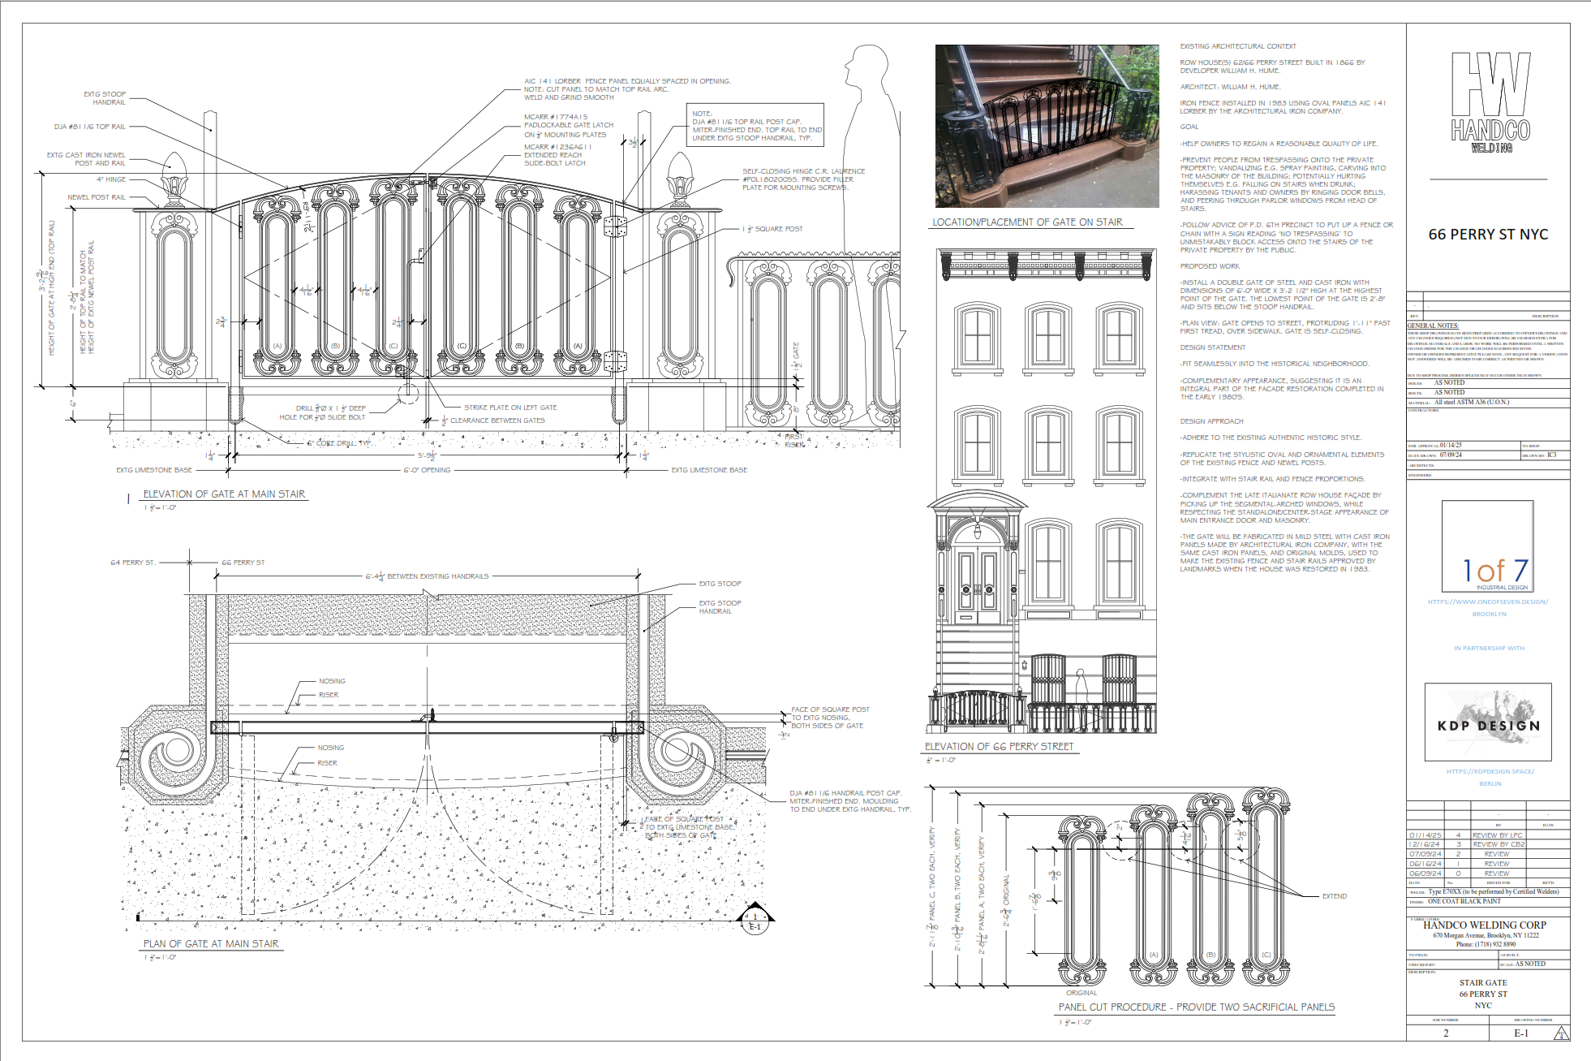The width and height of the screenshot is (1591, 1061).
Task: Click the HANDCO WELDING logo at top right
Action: pos(1490,102)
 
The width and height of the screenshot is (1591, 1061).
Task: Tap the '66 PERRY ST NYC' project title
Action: pos(1488,235)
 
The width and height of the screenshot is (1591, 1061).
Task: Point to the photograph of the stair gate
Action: pos(1047,126)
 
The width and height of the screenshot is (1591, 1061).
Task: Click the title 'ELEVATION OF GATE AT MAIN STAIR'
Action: pos(224,494)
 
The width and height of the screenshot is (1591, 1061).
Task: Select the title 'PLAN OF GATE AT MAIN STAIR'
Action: pos(211,943)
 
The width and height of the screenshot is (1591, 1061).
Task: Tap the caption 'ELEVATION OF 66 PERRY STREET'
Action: pos(999,746)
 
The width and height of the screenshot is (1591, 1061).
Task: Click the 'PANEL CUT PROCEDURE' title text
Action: pos(1196,1007)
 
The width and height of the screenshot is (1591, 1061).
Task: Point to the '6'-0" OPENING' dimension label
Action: pos(427,470)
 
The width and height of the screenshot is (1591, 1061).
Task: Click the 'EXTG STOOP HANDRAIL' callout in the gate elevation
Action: pos(105,98)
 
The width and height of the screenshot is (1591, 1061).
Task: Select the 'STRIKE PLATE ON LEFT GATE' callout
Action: pos(510,408)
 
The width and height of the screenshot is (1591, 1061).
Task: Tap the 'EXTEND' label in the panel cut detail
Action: pos(1334,896)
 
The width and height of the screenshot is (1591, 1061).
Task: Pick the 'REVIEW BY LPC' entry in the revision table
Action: pos(1498,835)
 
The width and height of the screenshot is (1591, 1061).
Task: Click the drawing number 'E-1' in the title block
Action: pos(1520,1033)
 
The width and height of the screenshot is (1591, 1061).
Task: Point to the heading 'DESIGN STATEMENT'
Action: pos(1212,347)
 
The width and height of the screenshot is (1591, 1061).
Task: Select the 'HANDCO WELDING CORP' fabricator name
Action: pos(1484,925)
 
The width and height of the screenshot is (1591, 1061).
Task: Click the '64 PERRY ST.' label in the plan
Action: pos(132,562)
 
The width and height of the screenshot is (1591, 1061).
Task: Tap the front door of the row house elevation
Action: pos(978,584)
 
